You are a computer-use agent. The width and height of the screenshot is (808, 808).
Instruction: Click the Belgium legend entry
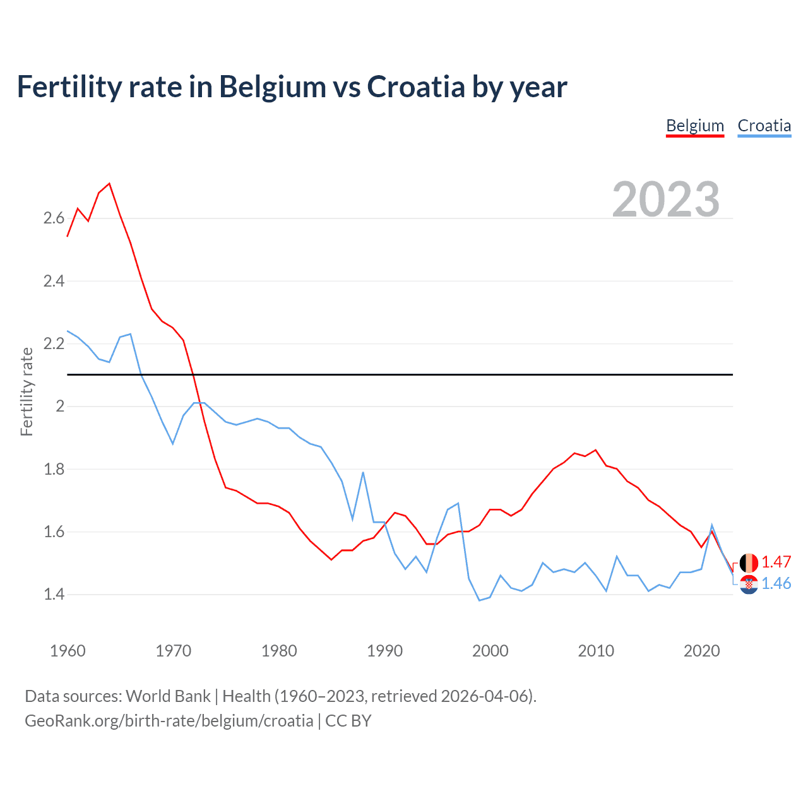coord(695,126)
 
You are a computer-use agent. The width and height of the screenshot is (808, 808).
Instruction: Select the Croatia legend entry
coord(764,126)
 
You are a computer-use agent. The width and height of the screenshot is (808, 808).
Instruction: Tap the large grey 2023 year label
coord(666,199)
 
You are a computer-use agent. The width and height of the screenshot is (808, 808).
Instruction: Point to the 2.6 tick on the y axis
coord(54,218)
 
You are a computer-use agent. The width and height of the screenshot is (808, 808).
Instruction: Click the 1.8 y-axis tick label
coord(54,469)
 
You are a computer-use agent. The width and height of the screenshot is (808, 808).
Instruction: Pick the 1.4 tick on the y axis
coord(54,594)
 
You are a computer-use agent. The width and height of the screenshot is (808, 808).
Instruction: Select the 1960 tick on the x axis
coord(68,651)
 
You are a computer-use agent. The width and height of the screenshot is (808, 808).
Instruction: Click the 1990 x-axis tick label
coord(384,651)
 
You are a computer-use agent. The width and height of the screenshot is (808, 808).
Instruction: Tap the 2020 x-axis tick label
coord(701,651)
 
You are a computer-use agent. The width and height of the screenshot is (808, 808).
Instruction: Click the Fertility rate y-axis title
coord(27,391)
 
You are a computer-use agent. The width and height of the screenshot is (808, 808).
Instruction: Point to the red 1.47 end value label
coord(776,562)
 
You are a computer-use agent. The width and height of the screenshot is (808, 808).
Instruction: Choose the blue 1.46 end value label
coord(776,583)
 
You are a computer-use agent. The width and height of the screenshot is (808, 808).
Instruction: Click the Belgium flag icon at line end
coord(749,562)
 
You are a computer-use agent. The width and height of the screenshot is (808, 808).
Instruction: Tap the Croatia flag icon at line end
coord(749,585)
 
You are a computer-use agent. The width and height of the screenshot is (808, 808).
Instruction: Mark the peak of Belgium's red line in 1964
coord(110,184)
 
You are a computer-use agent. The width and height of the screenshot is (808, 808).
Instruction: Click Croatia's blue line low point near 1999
coord(479,600)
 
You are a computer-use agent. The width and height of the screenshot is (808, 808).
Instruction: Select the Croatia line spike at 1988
coord(363,472)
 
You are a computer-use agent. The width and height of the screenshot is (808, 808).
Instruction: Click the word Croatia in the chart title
coord(416,86)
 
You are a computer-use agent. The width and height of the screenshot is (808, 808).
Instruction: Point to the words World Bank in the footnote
coord(168,696)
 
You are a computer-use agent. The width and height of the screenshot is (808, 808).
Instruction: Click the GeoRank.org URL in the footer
coord(169,721)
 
